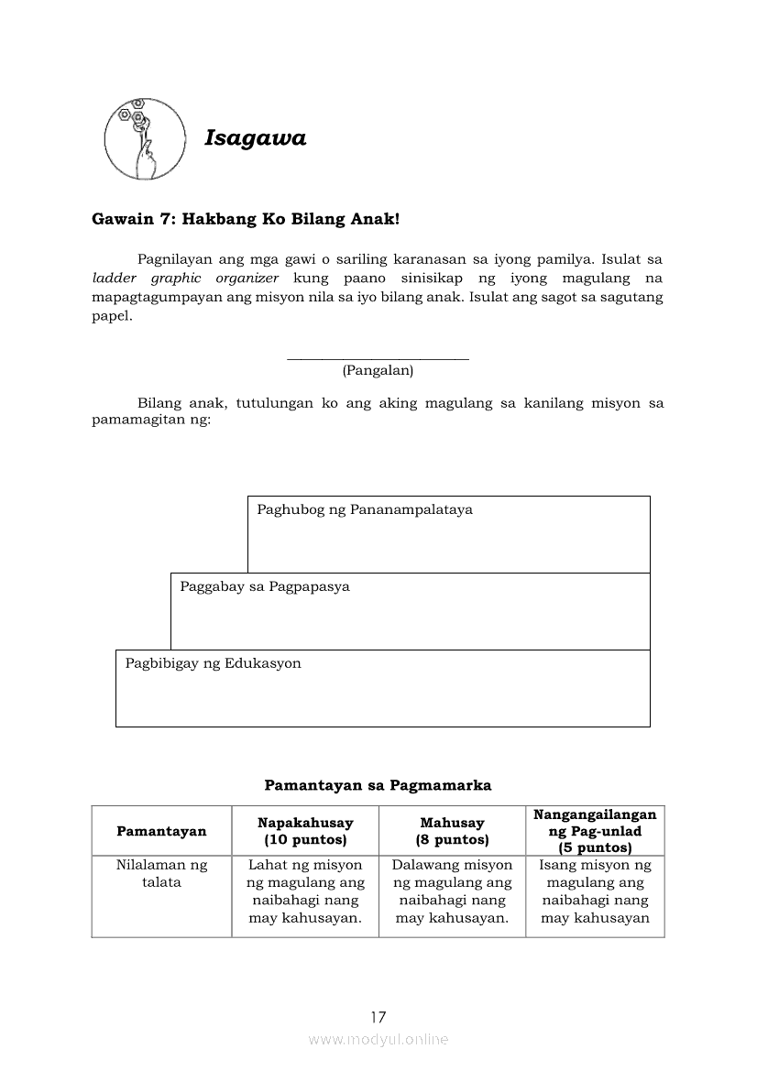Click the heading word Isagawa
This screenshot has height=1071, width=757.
click(x=255, y=138)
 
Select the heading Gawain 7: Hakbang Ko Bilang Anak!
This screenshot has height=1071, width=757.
click(x=246, y=220)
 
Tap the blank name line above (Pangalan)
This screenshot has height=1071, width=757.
click(x=378, y=357)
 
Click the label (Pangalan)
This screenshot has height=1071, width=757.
click(x=378, y=371)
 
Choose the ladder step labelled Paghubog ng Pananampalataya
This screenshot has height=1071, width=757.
click(x=448, y=534)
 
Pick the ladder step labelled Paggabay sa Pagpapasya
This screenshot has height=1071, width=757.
click(x=410, y=611)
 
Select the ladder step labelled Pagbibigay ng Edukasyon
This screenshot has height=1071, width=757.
click(x=382, y=688)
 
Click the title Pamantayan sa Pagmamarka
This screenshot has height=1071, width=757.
click(x=378, y=785)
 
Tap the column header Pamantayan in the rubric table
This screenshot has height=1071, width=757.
click(x=161, y=831)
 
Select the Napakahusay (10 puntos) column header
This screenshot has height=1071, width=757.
click(x=305, y=831)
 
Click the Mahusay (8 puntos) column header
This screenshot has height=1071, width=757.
click(x=452, y=831)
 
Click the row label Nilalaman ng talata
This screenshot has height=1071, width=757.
click(x=161, y=873)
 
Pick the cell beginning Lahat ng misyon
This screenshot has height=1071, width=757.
click(x=305, y=891)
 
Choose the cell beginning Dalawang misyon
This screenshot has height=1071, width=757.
click(x=452, y=891)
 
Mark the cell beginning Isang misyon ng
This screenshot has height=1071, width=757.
click(x=595, y=891)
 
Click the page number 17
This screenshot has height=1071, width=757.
click(x=378, y=1017)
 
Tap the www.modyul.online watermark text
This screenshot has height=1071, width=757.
click(x=378, y=1040)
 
